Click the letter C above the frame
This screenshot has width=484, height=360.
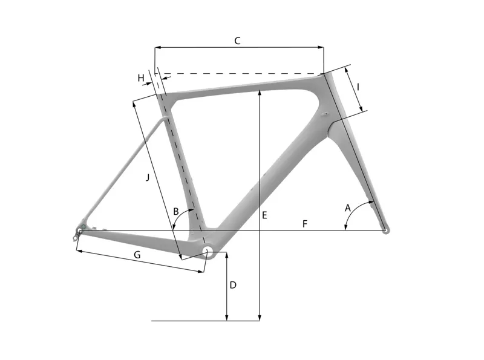(237, 41)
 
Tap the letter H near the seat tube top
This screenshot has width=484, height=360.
(141, 78)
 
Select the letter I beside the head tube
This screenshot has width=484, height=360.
(358, 87)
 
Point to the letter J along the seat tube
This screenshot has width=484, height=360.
(147, 177)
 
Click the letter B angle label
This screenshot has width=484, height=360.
(176, 211)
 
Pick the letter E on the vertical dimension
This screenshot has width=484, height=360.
(264, 215)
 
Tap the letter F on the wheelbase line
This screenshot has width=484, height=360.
(305, 224)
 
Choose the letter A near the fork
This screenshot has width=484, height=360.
(348, 208)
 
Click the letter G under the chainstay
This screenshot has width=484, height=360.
(137, 255)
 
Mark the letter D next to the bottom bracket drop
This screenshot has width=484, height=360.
(233, 284)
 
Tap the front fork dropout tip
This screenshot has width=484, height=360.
(386, 229)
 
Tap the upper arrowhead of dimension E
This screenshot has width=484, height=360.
(259, 93)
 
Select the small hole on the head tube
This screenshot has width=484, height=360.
(325, 113)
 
